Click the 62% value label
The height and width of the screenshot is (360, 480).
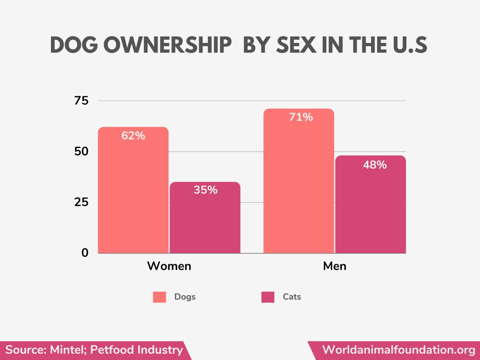pos(133,136)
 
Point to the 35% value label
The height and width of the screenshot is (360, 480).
pos(205,190)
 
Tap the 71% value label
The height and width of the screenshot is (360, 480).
pos(301,117)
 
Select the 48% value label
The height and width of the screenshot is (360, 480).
pos(375,165)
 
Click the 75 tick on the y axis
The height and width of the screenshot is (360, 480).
pos(81,101)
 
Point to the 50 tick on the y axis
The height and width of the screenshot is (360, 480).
pos(81,152)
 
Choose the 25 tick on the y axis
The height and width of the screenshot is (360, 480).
pos(81,202)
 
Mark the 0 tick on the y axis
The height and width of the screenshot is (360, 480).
pos(85,253)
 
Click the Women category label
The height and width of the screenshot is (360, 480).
pos(169,266)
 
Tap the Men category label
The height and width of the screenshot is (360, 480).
pos(335,266)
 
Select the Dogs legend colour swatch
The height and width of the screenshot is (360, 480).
pos(159,297)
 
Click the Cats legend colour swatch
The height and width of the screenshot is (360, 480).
pos(268,297)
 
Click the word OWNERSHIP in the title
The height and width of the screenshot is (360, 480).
pos(167,45)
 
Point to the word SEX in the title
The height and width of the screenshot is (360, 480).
pos(296,45)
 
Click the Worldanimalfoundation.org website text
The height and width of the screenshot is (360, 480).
pos(398,350)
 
